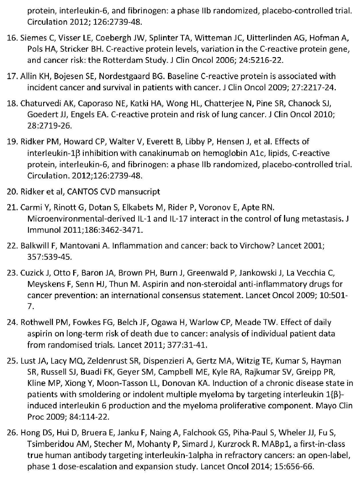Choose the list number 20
coord(12,192)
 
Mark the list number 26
coord(12,433)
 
